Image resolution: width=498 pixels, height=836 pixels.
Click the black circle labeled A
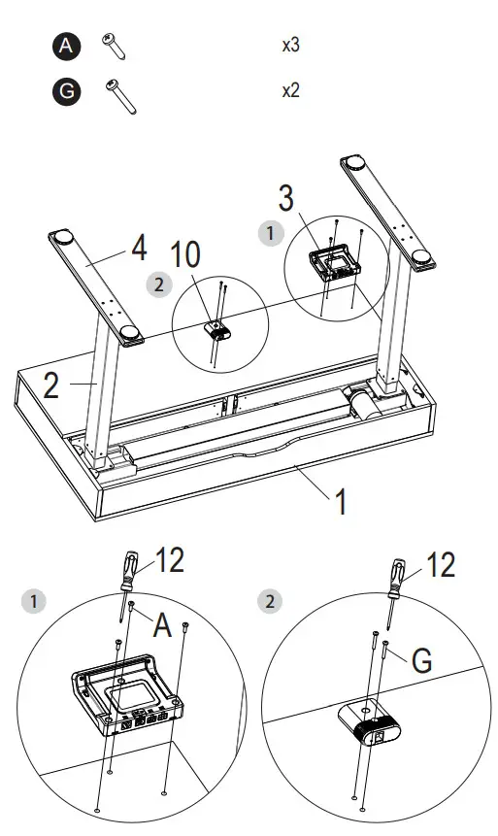point(65,45)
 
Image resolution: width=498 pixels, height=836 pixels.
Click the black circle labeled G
point(65,92)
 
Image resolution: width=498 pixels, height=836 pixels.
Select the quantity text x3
point(290,46)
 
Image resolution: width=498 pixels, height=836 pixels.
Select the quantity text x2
point(290,91)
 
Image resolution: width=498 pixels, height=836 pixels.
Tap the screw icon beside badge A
point(114,45)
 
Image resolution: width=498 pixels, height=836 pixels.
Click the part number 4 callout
point(139,250)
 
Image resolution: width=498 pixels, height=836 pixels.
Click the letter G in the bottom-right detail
point(420,660)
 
